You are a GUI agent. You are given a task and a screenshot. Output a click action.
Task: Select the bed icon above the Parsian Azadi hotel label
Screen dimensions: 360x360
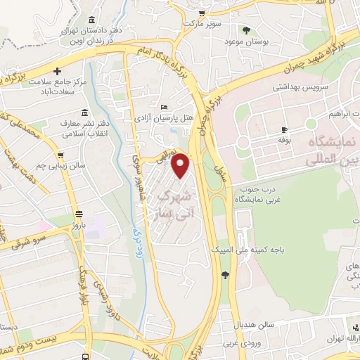(165, 108)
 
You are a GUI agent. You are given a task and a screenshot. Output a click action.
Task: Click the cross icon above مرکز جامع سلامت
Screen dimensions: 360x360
(57, 71)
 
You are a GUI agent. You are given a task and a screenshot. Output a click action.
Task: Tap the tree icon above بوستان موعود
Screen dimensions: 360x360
(246, 30)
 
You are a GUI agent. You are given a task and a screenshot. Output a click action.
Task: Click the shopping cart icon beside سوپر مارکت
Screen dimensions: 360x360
(202, 13)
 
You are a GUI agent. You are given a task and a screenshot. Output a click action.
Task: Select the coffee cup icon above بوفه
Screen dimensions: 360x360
(284, 129)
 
